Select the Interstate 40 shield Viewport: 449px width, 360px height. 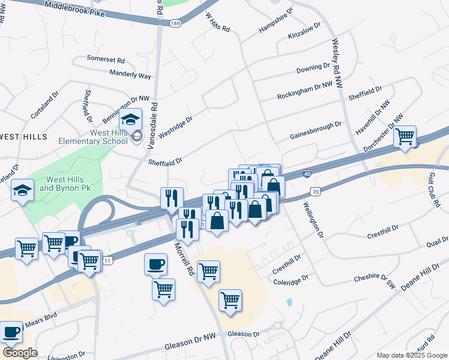pos(307,173)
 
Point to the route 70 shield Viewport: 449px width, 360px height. pos(315,191)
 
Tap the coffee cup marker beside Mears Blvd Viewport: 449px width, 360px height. pos(11,331)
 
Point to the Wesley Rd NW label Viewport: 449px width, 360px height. pos(338,66)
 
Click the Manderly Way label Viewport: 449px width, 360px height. pos(130,75)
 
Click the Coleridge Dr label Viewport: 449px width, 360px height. pos(291,279)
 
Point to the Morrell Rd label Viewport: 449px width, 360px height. pos(184,259)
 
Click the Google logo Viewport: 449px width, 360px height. pos(20,353)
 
